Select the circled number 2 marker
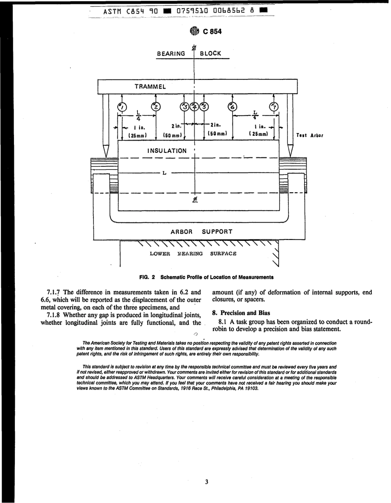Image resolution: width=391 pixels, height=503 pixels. point(156,107)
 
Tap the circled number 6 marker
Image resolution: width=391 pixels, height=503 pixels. point(233,107)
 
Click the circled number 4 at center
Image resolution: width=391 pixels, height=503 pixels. point(195,107)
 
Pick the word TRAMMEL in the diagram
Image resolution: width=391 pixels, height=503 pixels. point(151,87)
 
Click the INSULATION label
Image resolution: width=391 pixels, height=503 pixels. point(167,151)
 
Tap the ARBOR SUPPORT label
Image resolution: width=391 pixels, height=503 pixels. point(201,231)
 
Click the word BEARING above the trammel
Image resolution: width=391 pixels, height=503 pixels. point(171,54)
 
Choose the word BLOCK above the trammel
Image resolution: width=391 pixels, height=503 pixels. point(211,54)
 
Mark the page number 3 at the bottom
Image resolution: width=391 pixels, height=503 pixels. point(206,482)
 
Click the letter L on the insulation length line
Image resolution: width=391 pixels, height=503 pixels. point(165,173)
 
